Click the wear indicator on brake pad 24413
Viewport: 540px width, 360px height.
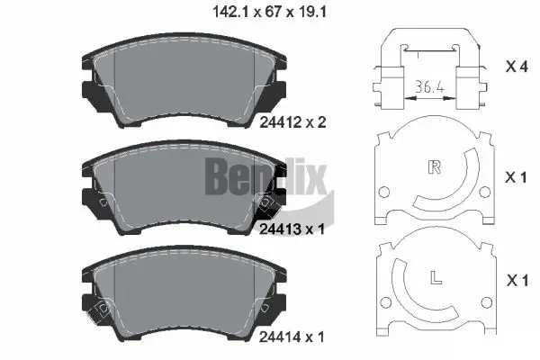(266, 203)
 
